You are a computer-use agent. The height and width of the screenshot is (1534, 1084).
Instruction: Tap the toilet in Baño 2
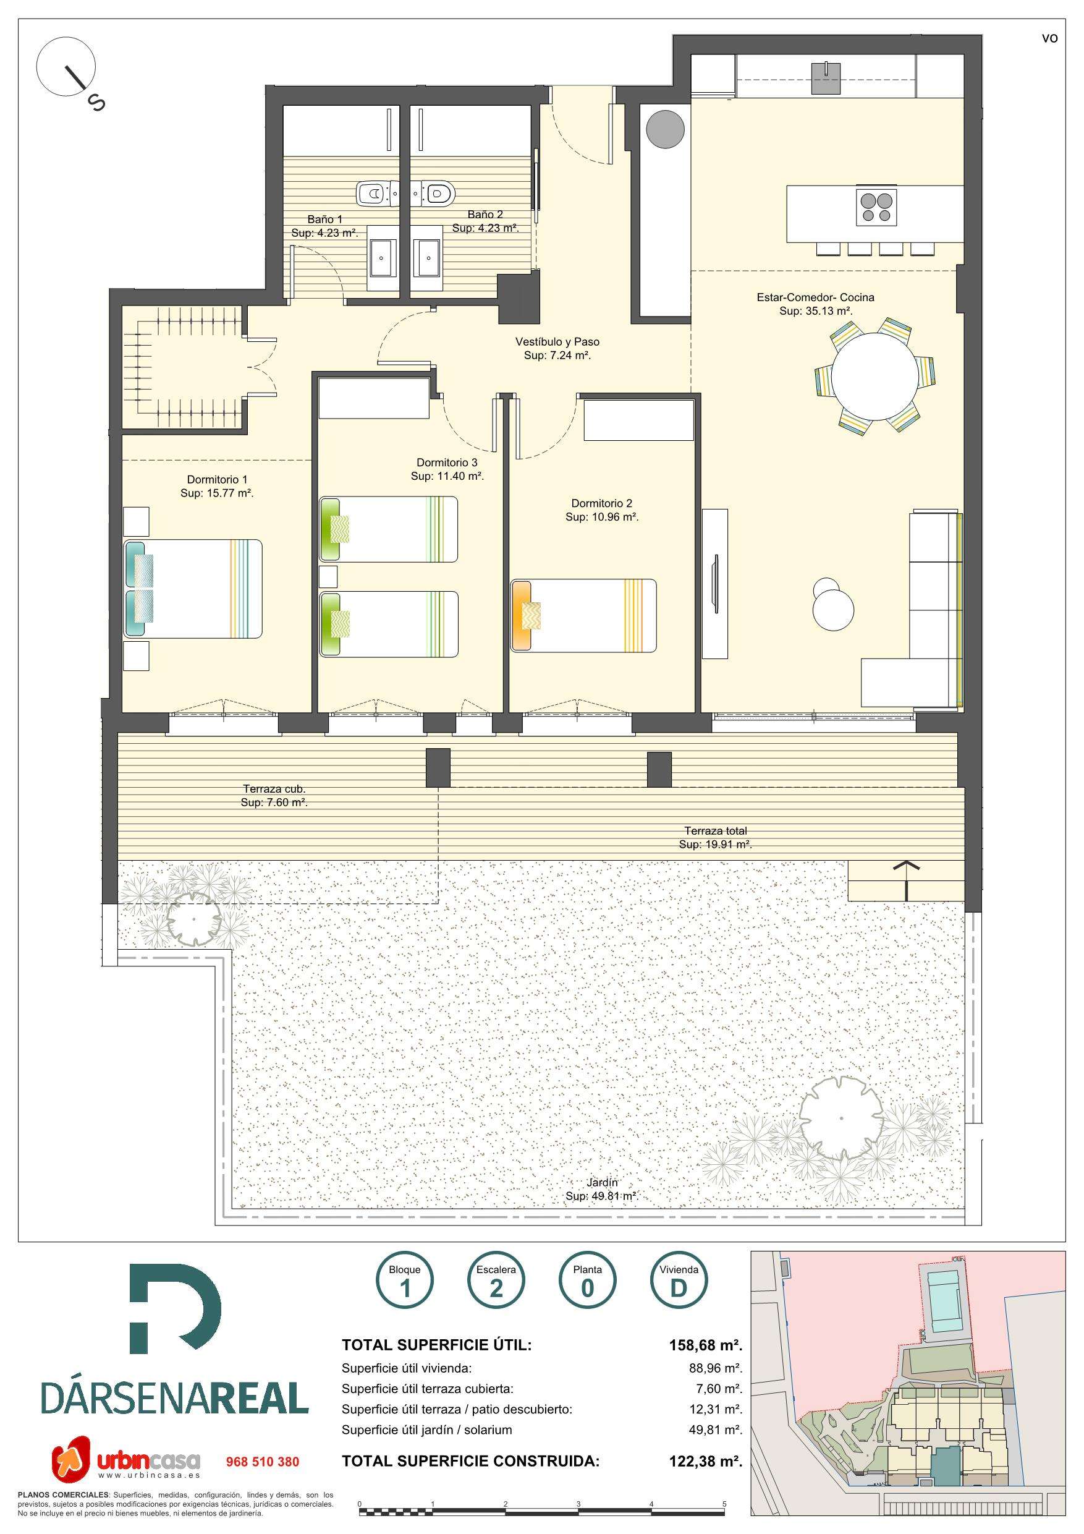pos(435,194)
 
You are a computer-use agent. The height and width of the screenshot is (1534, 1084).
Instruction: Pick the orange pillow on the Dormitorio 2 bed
pos(521,615)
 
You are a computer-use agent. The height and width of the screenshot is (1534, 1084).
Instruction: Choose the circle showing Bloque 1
pos(405,1282)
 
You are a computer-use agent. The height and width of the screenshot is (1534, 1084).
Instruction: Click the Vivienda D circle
pos(679,1282)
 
